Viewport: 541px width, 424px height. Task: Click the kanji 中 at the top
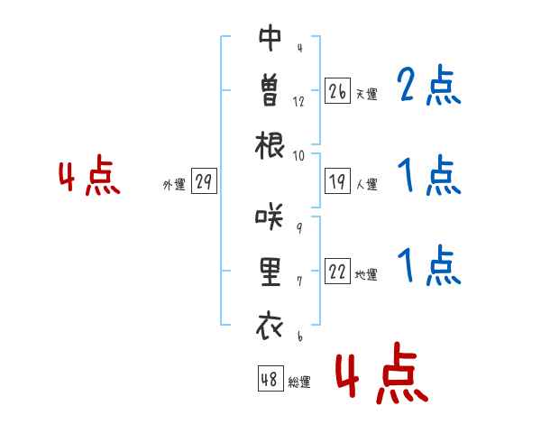point(270,38)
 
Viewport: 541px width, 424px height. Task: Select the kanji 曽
point(270,90)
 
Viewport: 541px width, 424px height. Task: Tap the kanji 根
point(270,145)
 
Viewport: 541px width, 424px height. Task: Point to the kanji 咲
point(270,217)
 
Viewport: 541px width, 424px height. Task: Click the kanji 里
point(270,272)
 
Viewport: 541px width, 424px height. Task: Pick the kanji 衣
point(270,326)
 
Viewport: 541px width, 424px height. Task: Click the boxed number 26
point(337,91)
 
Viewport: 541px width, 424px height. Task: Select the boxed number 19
point(337,181)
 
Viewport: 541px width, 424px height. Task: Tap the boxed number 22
point(337,271)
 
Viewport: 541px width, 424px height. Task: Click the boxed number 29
point(204,181)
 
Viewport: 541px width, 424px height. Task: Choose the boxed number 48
point(270,378)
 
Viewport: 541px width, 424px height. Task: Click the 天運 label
point(367,94)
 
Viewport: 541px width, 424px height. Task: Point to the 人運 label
point(367,184)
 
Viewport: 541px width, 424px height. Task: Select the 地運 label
point(366,274)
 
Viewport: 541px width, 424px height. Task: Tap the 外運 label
point(174,184)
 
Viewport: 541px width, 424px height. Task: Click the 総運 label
point(299,382)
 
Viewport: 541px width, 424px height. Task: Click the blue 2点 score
point(429,85)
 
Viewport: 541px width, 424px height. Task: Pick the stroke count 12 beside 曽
point(298,102)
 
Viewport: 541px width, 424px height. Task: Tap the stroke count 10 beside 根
point(298,156)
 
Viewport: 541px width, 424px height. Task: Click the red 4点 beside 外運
point(89,174)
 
